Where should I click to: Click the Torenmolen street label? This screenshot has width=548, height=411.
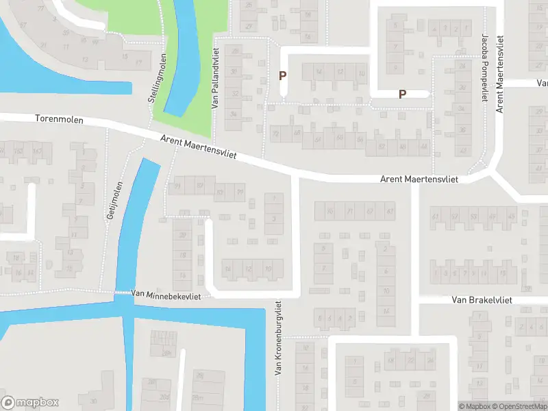59,119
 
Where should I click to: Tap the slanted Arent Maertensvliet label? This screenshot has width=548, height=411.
198,147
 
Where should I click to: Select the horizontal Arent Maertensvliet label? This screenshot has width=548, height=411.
419,179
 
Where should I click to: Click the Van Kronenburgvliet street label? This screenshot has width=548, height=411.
279,338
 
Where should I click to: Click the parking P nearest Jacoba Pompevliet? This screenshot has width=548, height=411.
402,95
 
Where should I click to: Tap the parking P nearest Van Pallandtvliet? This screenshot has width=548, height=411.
282,76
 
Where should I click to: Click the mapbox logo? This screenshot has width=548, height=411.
30,403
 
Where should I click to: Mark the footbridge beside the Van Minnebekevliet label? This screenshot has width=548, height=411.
123,293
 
